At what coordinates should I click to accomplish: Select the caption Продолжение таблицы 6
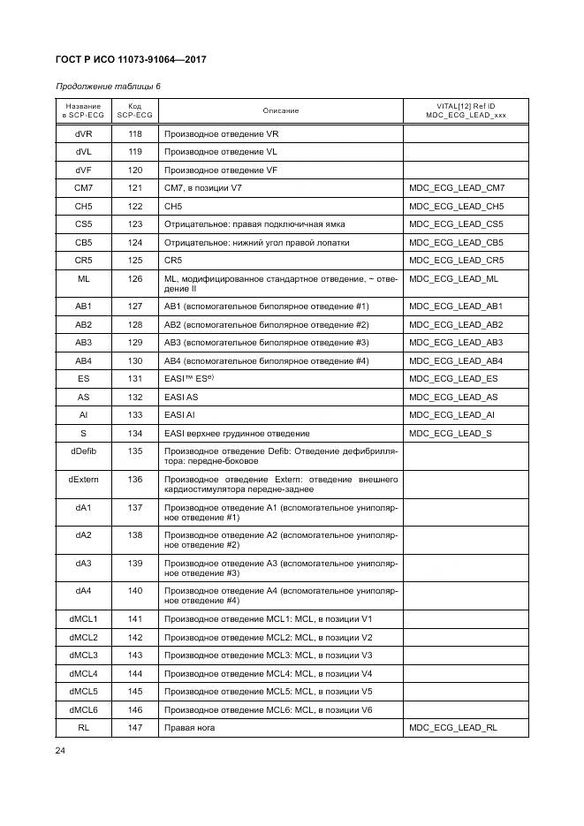108,87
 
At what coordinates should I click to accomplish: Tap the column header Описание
280,110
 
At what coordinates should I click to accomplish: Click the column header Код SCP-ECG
134,110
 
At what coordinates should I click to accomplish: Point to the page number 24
62,750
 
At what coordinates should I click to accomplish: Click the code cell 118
134,133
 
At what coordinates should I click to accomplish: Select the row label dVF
84,170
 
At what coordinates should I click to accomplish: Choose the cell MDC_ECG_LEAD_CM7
457,188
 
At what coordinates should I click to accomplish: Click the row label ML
84,278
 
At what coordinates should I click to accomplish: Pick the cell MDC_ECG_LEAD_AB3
457,342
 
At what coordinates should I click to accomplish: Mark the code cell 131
134,378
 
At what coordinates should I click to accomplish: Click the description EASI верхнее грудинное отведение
237,433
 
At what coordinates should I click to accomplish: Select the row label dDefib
84,451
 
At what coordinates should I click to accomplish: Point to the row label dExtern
84,478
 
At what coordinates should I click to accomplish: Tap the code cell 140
134,589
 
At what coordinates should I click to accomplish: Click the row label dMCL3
84,655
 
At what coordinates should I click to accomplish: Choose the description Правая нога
190,727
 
